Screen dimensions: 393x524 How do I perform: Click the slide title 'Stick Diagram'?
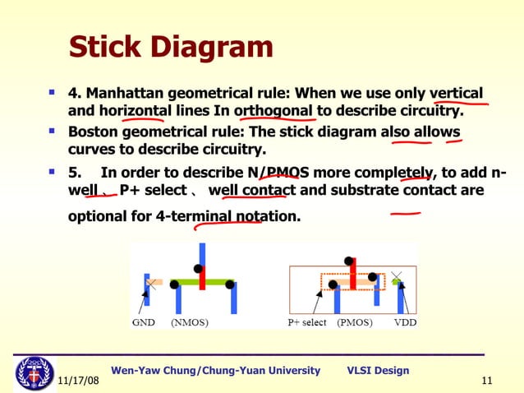[170, 47]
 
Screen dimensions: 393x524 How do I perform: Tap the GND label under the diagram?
[144, 322]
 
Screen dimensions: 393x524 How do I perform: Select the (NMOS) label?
[189, 322]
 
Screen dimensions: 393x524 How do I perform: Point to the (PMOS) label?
[355, 322]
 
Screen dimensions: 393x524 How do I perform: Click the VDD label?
[405, 322]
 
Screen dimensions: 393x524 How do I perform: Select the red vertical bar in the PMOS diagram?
[352, 275]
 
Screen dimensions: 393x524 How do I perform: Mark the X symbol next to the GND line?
[151, 282]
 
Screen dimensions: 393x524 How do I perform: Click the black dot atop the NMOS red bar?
[197, 268]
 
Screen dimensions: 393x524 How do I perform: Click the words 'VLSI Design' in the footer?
[378, 370]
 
